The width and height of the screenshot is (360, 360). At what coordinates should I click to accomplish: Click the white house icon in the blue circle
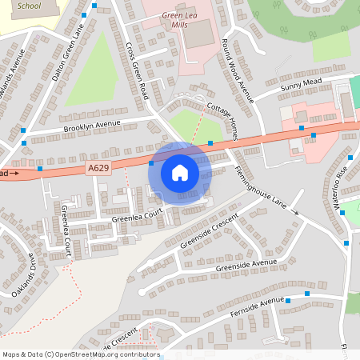click(x=180, y=173)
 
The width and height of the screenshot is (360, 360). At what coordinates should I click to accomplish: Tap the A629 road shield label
click(x=96, y=167)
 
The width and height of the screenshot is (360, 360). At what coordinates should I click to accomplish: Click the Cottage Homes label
click(x=223, y=121)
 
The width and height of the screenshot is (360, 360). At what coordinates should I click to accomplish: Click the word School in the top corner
click(x=29, y=6)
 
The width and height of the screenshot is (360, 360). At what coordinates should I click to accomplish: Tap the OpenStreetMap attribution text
click(x=81, y=354)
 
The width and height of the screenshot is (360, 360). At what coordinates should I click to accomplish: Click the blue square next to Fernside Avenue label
click(x=308, y=295)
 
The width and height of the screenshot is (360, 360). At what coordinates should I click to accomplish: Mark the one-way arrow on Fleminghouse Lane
click(x=294, y=212)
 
